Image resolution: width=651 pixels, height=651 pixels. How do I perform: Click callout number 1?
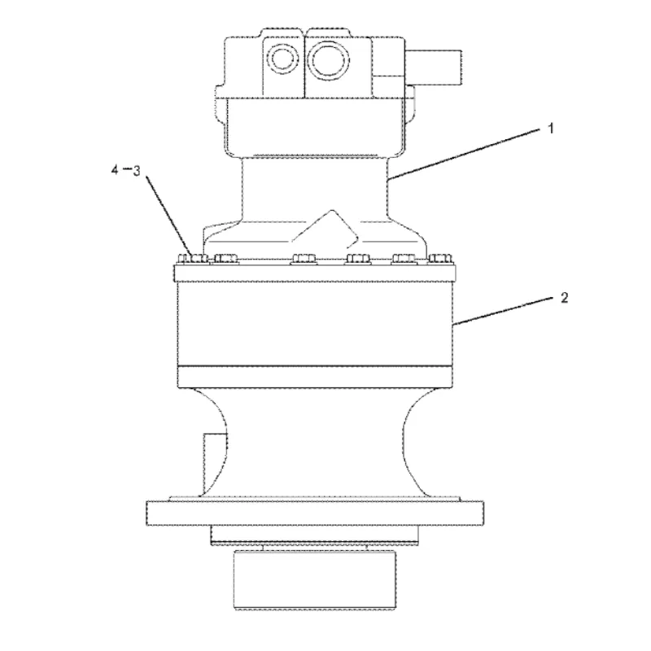coord(551,129)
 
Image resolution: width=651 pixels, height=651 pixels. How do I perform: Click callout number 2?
coord(564,298)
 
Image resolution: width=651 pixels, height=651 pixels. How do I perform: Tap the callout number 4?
coord(115,169)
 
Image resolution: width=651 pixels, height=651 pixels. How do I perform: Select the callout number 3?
coord(136,171)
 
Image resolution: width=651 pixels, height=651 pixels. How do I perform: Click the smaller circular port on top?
coord(282,59)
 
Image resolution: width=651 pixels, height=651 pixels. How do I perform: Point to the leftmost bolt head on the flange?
coord(193,259)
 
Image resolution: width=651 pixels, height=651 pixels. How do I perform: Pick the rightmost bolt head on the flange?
coord(440,259)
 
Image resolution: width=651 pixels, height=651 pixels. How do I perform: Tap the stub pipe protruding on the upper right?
coord(433,68)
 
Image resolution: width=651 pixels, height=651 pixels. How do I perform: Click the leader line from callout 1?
coord(464,155)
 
